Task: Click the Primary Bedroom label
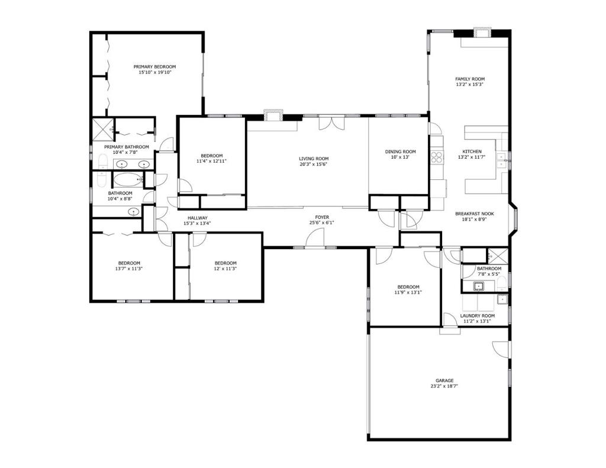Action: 154,67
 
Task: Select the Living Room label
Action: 313,159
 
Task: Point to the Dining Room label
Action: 400,151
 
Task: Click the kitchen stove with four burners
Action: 437,157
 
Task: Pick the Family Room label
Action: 469,79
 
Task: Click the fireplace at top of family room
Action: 482,32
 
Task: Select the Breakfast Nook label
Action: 474,214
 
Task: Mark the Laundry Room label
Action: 477,316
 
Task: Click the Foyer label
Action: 321,217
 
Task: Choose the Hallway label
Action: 197,218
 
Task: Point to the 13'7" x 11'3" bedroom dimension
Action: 129,269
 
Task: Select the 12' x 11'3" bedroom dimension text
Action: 225,269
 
